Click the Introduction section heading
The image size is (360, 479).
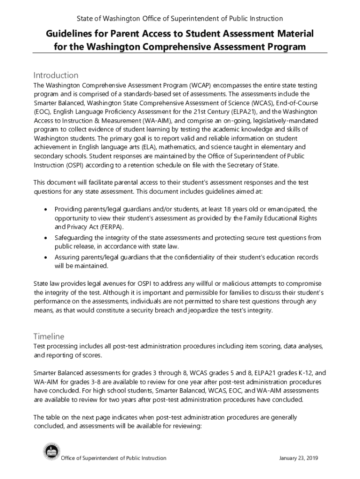pos(56,75)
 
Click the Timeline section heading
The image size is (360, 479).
pos(49,336)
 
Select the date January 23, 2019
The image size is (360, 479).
pos(298,458)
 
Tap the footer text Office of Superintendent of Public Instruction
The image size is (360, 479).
pos(114,458)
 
